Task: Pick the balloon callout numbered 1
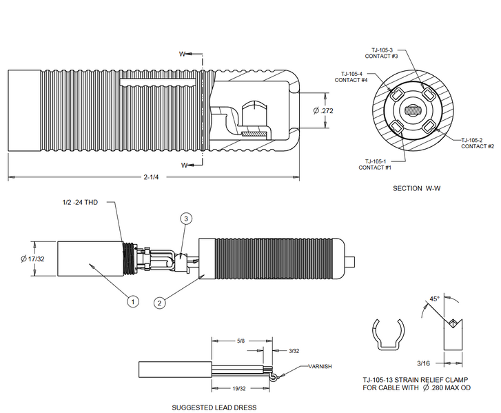[x=132, y=301]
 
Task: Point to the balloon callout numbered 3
[x=185, y=219]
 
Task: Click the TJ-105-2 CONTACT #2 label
[x=477, y=143]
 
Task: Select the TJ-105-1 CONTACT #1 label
[x=375, y=164]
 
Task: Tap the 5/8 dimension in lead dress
[x=238, y=341]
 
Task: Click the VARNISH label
[x=319, y=367]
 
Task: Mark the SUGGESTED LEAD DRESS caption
[x=214, y=407]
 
